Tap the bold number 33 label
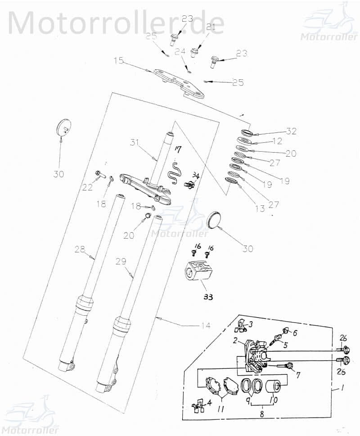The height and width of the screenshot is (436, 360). point(208,297)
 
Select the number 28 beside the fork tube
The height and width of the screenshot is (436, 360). point(80,249)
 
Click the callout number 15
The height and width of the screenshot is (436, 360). point(119,60)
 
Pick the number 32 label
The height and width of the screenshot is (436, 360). point(292,132)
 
